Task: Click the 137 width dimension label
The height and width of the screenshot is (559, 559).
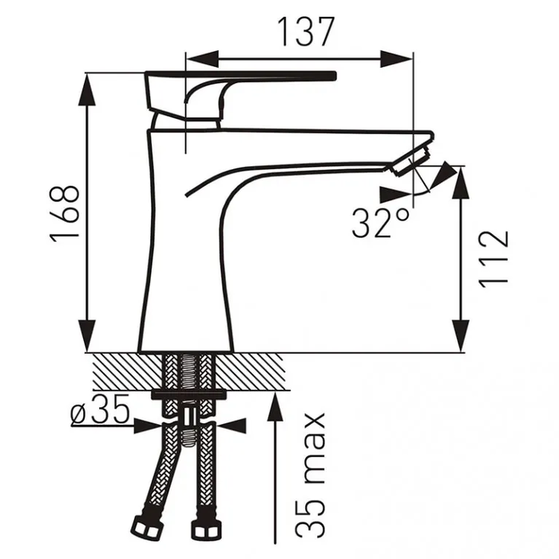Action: coord(306,32)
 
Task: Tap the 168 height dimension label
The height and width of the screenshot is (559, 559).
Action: coord(65,214)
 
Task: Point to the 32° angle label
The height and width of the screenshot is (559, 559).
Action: coord(381,223)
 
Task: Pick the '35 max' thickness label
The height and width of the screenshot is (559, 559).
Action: coord(311,475)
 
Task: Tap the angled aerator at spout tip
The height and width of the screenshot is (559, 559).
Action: coord(412,159)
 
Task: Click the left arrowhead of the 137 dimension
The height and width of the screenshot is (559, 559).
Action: coord(202,59)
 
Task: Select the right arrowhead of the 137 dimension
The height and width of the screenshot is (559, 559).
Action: coord(397,59)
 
